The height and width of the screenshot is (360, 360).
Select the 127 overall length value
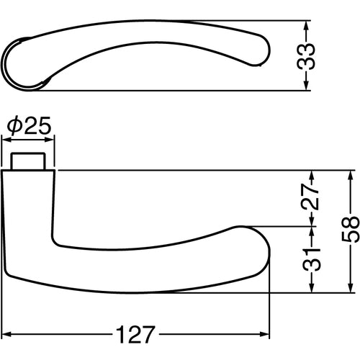coord(138,336)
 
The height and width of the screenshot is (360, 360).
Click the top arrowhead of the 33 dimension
coord(307,24)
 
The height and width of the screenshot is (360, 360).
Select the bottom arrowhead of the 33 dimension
coord(307,86)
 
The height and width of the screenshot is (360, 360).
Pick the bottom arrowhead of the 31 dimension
coord(311,289)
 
